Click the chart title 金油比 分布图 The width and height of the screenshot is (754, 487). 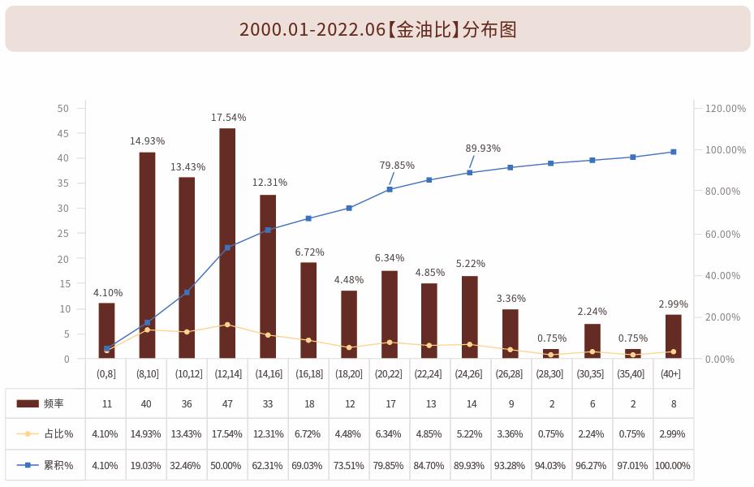pyautogui.click(x=377, y=29)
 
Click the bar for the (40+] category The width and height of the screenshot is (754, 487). pyautogui.click(x=674, y=336)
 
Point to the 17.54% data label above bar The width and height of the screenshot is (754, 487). pyautogui.click(x=228, y=118)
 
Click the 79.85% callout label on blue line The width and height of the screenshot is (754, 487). pyautogui.click(x=397, y=166)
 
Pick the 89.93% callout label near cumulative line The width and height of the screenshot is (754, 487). pyautogui.click(x=483, y=149)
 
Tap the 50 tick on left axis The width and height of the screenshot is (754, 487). pyautogui.click(x=63, y=108)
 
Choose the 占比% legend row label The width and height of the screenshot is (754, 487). pyautogui.click(x=58, y=434)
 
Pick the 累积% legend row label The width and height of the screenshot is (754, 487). pyautogui.click(x=58, y=466)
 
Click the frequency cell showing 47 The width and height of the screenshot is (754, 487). pyautogui.click(x=227, y=403)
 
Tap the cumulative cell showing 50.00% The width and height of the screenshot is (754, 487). pyautogui.click(x=227, y=466)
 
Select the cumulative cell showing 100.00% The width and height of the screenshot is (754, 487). pyautogui.click(x=673, y=466)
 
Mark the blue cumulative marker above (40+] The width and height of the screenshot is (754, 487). pyautogui.click(x=674, y=152)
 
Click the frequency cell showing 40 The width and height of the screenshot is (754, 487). pyautogui.click(x=147, y=403)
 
